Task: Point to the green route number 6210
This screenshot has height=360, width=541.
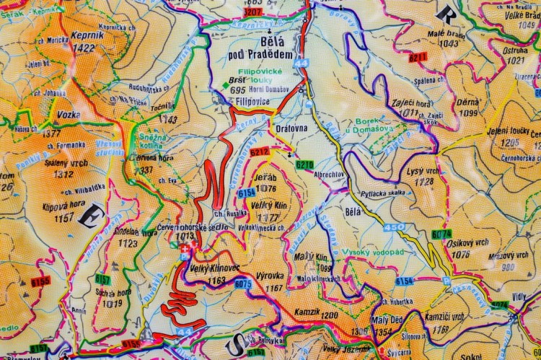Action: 305,165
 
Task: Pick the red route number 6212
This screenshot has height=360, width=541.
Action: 260,152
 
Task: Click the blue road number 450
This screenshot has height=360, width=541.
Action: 394,228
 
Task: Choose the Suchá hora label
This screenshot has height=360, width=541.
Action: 111,294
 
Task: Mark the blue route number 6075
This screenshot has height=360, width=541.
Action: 243,284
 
